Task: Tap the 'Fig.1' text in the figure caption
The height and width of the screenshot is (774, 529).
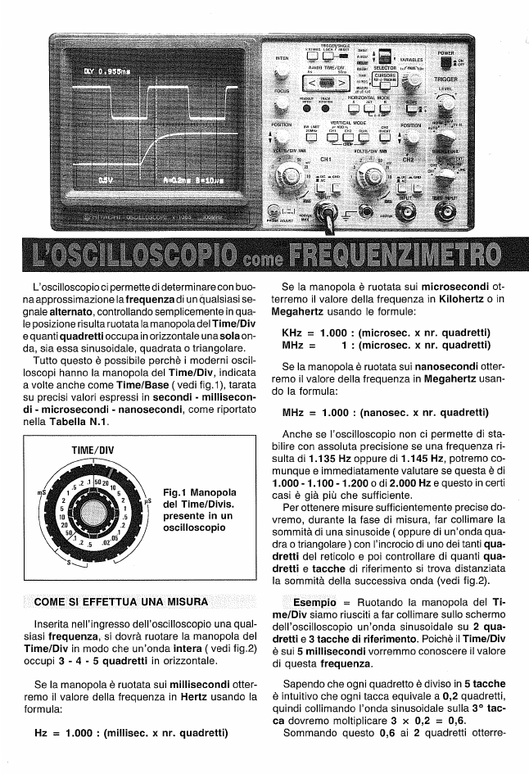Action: pos(177,492)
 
